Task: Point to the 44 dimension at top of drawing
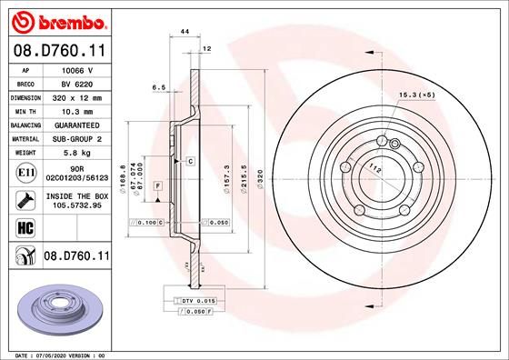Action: click(x=185, y=31)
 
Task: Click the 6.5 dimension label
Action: click(x=158, y=88)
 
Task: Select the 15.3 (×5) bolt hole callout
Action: click(x=415, y=94)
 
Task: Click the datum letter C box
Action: click(x=191, y=161)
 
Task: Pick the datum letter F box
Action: click(x=159, y=185)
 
